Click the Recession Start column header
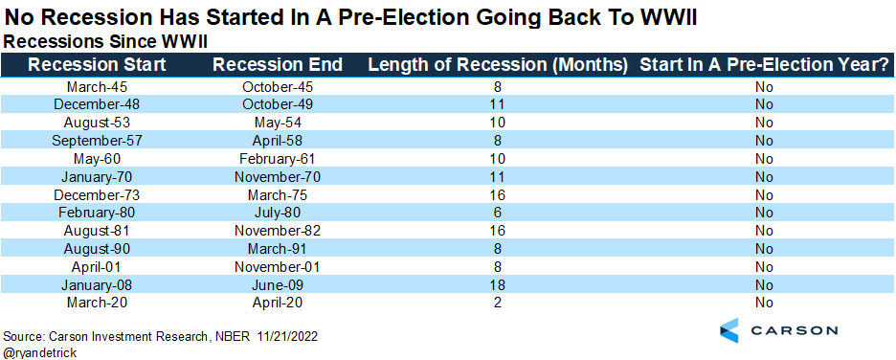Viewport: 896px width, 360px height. click(97, 64)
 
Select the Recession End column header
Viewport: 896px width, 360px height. click(278, 64)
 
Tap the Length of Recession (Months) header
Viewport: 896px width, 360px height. click(498, 65)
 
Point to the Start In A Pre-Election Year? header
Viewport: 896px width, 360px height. click(764, 64)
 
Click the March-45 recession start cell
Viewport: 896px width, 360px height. click(97, 87)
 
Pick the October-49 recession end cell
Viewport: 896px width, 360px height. click(278, 104)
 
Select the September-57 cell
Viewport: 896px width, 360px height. click(97, 141)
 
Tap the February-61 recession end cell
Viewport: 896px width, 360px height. click(278, 158)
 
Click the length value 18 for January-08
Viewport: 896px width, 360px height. click(498, 284)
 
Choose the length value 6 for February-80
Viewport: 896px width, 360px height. click(498, 213)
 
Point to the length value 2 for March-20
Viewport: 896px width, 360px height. click(498, 303)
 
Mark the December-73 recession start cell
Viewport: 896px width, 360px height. click(97, 194)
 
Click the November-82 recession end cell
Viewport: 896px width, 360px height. click(278, 231)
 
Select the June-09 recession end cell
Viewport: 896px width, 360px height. click(278, 284)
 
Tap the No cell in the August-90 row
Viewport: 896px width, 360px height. click(764, 249)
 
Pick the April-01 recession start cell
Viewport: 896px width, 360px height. click(97, 266)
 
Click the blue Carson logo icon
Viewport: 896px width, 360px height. click(728, 329)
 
